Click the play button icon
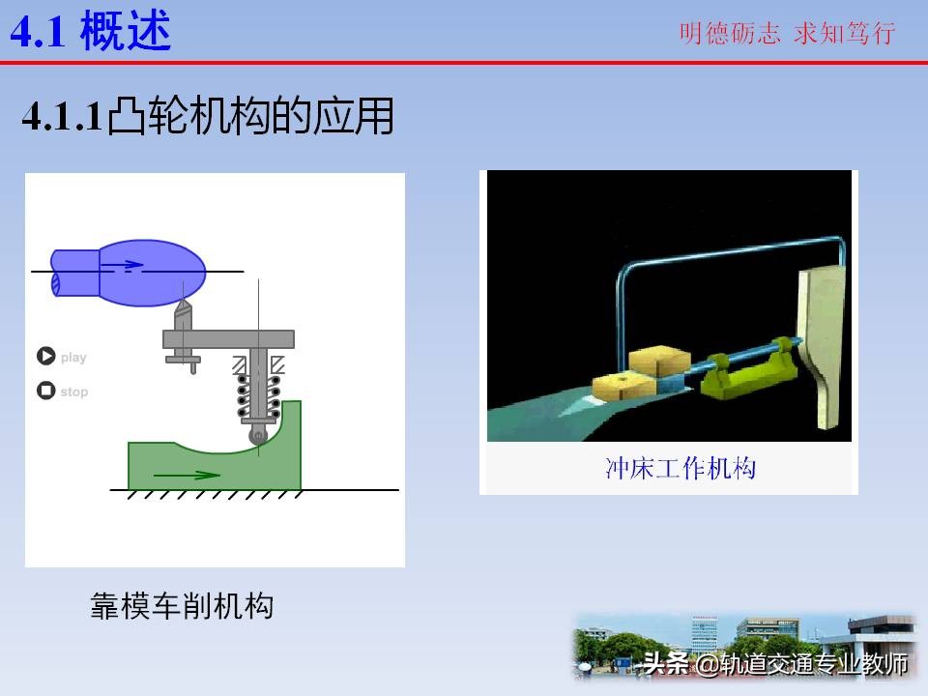pyautogui.click(x=45, y=357)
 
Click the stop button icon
pyautogui.click(x=45, y=391)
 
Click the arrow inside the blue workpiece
pyautogui.click(x=124, y=263)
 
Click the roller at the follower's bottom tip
pyautogui.click(x=258, y=436)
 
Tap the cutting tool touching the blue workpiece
pyautogui.click(x=183, y=315)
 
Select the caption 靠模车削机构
pyautogui.click(x=182, y=606)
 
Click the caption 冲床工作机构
pyautogui.click(x=680, y=469)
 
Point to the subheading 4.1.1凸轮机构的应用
pyautogui.click(x=208, y=117)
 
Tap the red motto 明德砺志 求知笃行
pyautogui.click(x=787, y=34)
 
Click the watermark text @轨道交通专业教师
pyautogui.click(x=801, y=664)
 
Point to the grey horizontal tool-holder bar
pyautogui.click(x=228, y=338)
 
